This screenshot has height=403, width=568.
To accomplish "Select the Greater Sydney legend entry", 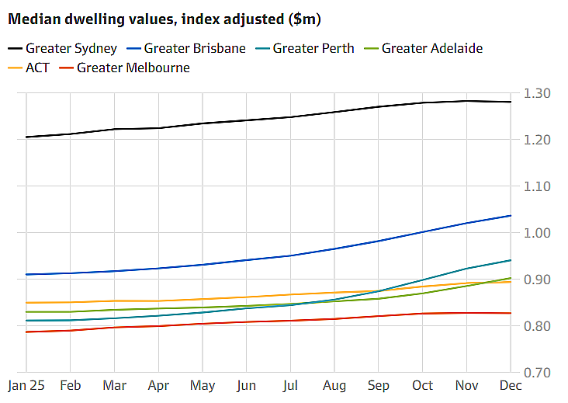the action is coord(62,48).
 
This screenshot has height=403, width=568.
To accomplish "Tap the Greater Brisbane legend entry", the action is coord(186,48).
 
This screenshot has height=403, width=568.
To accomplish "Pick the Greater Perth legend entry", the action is coord(305,48).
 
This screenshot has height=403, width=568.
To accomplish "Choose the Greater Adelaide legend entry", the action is coord(424,48).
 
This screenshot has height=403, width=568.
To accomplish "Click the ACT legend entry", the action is coord(28,68).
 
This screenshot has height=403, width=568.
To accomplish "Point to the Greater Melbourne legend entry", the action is coord(124,68).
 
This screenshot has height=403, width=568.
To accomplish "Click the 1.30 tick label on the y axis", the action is coord(537,93).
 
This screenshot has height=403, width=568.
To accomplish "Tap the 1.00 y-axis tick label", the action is coord(537,233).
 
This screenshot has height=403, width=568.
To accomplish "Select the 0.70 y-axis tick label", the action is coord(537,373).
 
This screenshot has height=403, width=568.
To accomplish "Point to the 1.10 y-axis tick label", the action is coord(537,186).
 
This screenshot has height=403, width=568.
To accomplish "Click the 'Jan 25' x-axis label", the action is coord(26,385).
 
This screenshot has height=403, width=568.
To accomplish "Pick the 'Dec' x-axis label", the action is coord(511,385).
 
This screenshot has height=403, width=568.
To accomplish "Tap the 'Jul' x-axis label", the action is coord(290,386).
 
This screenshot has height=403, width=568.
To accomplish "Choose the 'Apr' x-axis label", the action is coord(158,386).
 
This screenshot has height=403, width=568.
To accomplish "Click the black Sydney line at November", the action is coord(466,101).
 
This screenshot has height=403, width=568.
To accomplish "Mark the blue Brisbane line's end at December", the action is coord(511,216).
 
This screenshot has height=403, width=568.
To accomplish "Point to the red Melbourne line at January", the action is coord(26,332).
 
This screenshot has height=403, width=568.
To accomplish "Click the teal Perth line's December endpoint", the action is coord(511,260).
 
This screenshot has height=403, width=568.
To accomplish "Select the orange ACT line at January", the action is coord(26,303).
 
